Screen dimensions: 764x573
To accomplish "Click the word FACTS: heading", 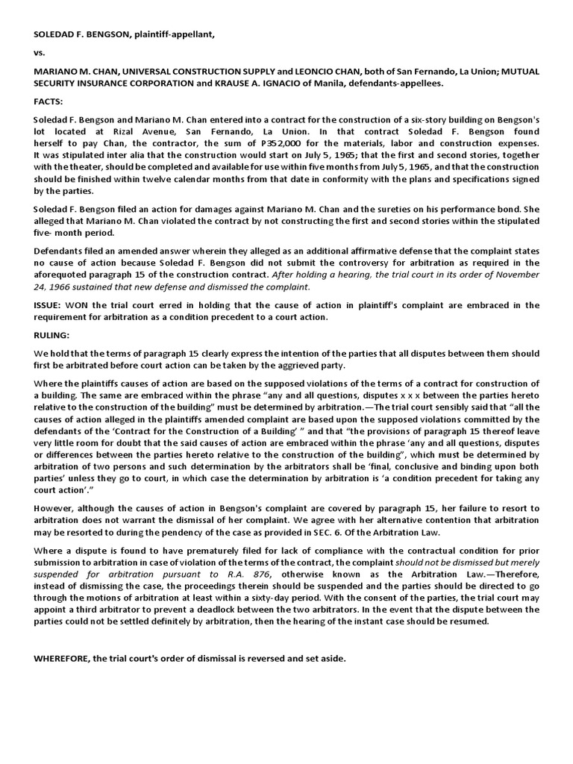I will coord(48,101).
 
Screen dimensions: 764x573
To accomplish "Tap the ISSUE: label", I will coord(48,305).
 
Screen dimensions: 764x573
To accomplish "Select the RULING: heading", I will coord(51,335).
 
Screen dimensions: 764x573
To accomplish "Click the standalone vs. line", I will coord(40,53).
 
